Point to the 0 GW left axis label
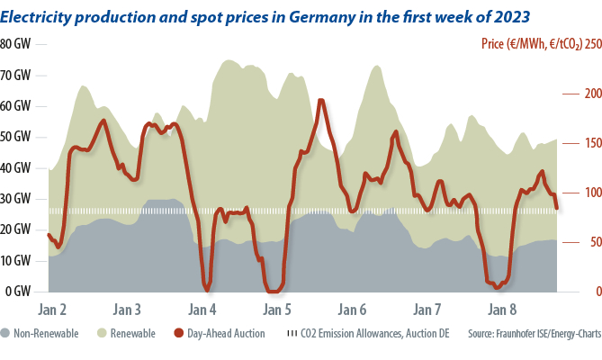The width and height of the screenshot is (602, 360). click(19, 292)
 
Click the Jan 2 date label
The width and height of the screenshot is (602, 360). click(52, 310)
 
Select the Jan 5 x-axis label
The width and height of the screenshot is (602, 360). click(276, 310)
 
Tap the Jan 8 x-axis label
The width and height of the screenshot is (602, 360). click(501, 310)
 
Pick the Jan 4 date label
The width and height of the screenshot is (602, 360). click(202, 310)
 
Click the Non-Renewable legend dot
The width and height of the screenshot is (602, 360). click(6, 334)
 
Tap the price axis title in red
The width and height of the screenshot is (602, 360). click(530, 43)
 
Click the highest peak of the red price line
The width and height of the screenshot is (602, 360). click(321, 100)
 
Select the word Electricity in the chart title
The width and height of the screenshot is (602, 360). click(35, 14)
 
